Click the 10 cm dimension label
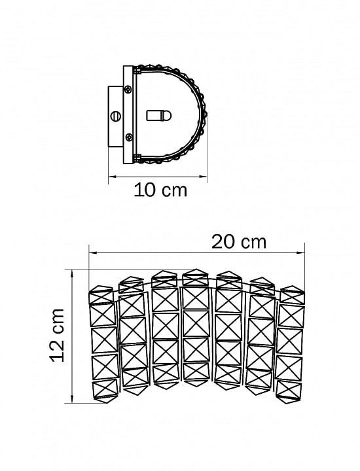[160, 190]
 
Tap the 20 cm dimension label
[239, 242]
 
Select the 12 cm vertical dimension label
[57, 335]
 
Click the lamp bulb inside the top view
[158, 116]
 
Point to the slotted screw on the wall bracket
[116, 115]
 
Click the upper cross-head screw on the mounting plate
[128, 89]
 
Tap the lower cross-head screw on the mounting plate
[129, 137]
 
